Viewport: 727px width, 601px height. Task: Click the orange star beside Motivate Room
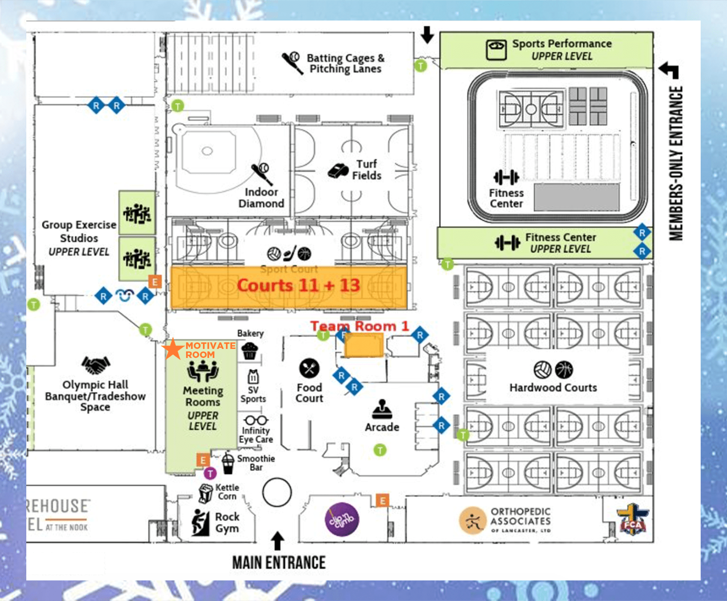point(173,349)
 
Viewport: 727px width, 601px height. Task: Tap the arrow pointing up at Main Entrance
point(278,541)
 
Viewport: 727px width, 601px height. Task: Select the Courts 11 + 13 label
point(299,285)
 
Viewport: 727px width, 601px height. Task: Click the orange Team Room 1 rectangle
point(363,345)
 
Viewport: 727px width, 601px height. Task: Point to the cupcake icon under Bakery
point(250,351)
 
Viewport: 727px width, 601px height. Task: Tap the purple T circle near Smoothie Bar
point(210,473)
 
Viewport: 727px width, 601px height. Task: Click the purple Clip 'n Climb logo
point(342,519)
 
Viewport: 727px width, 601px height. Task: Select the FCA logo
point(633,519)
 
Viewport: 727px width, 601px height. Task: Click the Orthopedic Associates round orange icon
point(472,521)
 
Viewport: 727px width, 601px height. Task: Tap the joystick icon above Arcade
point(382,409)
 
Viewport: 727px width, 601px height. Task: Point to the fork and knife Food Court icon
point(309,368)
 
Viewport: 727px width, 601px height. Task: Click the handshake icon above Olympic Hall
point(96,364)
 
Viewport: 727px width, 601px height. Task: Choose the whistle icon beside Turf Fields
point(338,170)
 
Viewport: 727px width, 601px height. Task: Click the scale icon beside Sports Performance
point(496,50)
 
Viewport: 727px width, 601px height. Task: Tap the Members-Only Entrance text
point(676,163)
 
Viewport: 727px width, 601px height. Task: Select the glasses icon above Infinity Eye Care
point(256,420)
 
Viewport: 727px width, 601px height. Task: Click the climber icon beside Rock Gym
point(200,523)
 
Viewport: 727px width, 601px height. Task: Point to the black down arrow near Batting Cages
point(427,35)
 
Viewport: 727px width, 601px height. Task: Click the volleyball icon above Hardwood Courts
point(543,369)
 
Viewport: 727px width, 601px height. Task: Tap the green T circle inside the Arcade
point(380,450)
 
